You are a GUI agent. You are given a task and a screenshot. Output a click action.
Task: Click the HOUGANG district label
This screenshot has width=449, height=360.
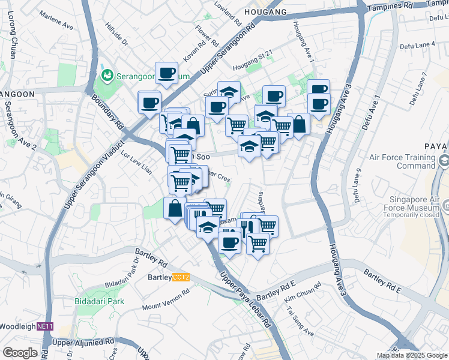(x=265, y=11)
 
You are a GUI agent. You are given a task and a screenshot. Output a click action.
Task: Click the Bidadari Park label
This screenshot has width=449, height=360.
(x=99, y=301)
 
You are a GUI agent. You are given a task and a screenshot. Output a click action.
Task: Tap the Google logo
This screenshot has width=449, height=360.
(x=20, y=353)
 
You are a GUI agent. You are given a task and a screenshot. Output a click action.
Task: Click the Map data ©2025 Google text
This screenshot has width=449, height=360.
(x=412, y=355)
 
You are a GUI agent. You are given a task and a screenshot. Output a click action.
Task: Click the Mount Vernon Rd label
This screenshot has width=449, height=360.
(x=166, y=298)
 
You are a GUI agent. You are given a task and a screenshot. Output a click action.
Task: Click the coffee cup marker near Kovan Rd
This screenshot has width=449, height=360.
(x=166, y=73)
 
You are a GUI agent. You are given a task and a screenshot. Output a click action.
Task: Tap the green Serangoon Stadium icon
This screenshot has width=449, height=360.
(x=107, y=76)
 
